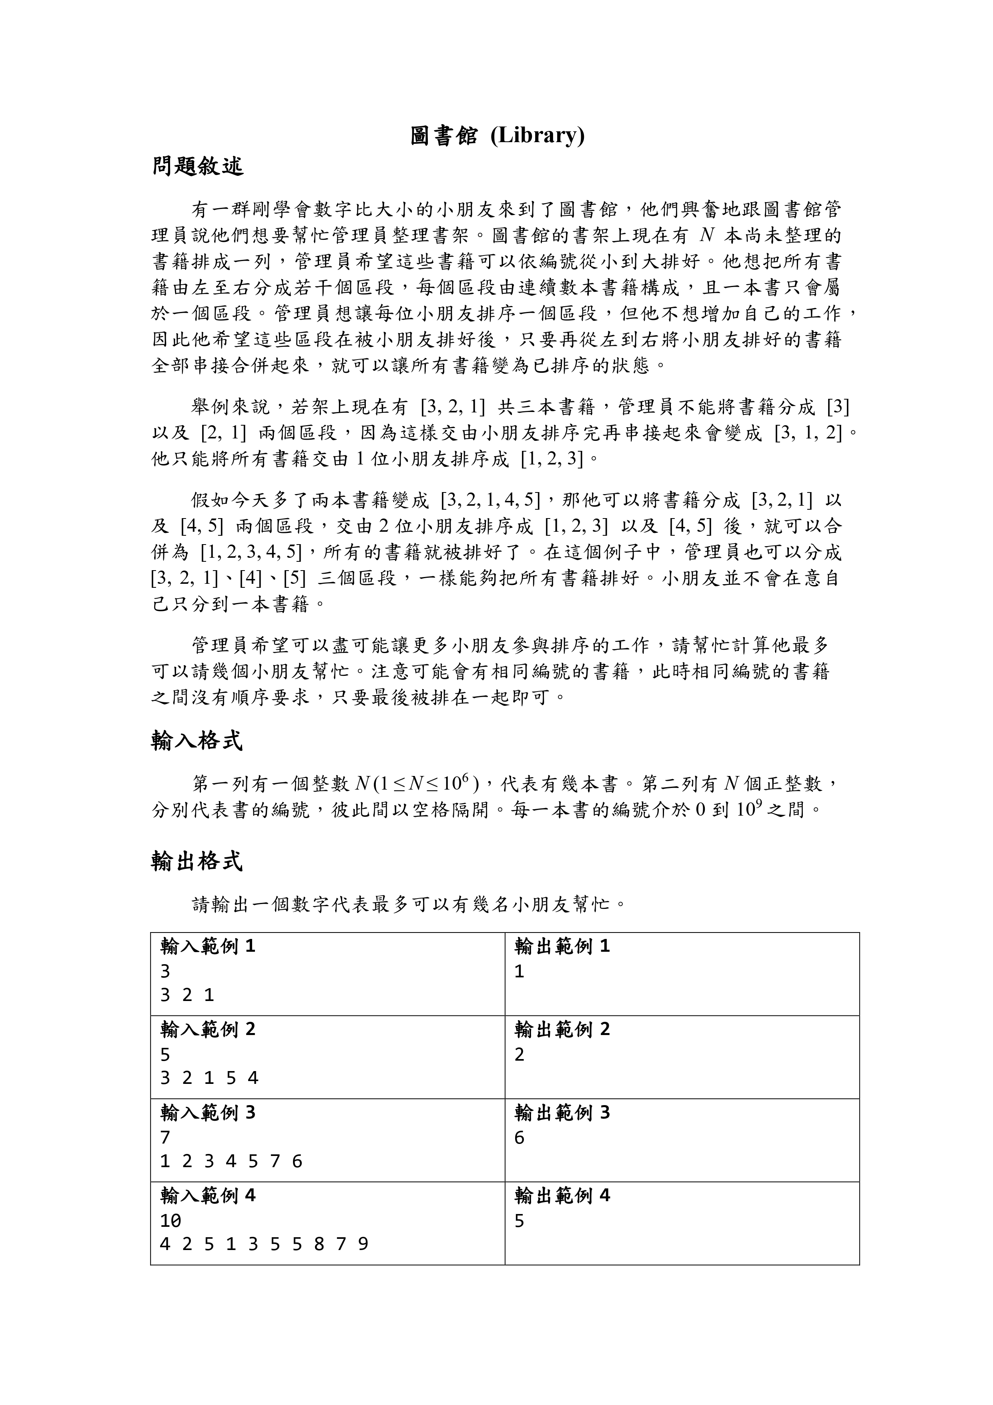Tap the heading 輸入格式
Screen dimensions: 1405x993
coord(197,741)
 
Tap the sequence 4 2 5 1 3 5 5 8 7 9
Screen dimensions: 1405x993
coord(264,1244)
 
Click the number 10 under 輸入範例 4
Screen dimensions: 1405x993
coord(171,1221)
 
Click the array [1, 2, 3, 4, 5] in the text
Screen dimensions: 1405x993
coord(251,552)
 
